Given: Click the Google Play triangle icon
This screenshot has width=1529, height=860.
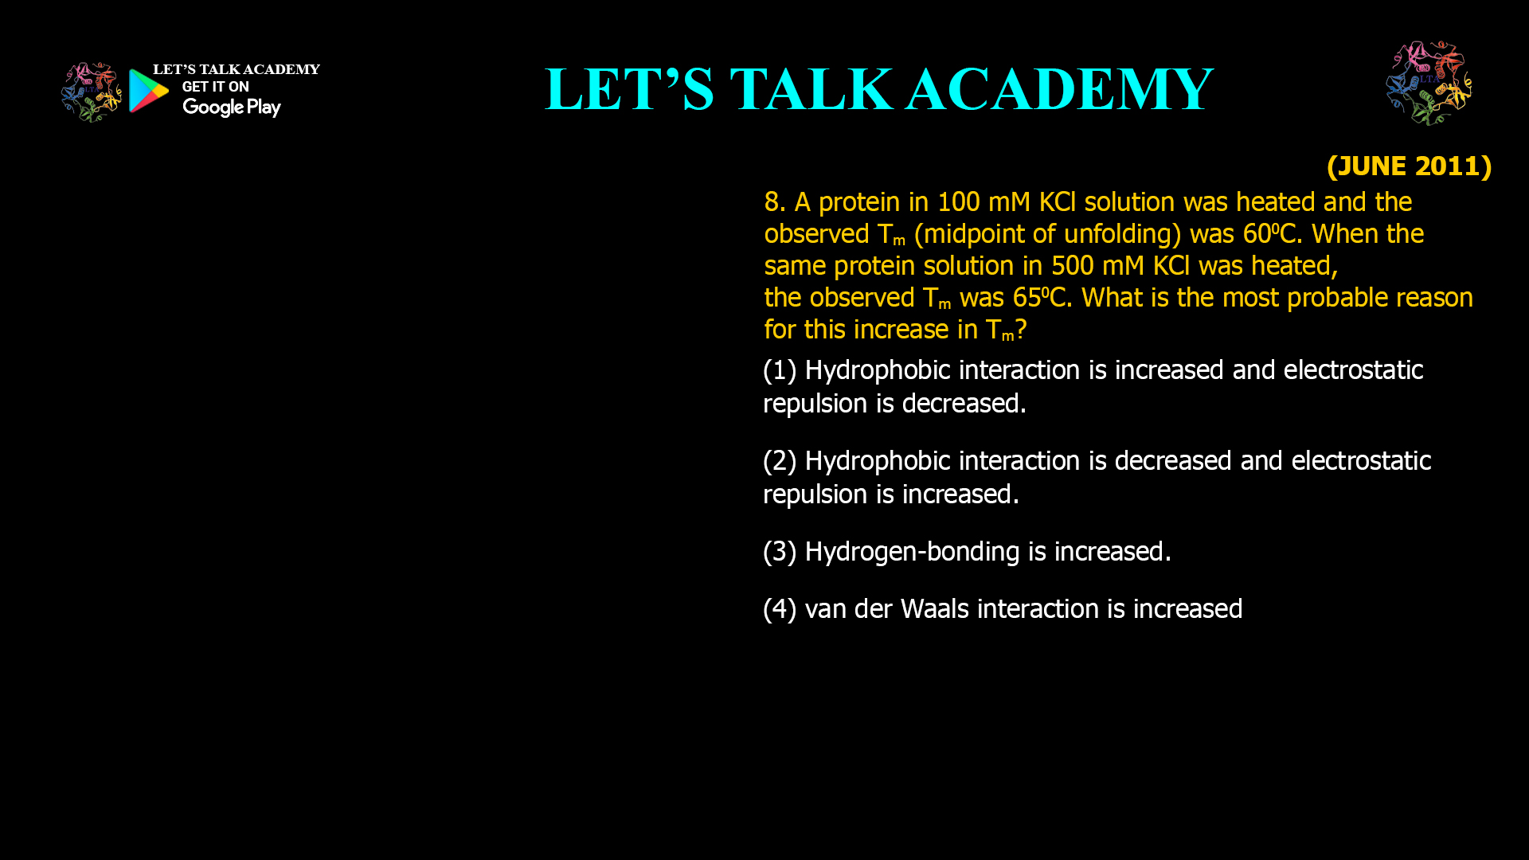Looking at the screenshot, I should [148, 91].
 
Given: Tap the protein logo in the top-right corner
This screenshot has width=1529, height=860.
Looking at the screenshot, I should [1429, 83].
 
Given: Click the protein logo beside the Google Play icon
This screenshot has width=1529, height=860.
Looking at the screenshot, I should [91, 92].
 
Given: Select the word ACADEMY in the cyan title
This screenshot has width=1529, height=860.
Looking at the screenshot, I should [1060, 89].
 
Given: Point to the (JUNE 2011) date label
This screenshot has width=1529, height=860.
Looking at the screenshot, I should [1409, 166].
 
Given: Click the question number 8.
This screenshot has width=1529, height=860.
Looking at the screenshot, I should [774, 202].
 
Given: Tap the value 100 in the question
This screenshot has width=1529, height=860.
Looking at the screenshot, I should [958, 202].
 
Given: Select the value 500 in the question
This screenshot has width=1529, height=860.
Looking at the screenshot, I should [1072, 266].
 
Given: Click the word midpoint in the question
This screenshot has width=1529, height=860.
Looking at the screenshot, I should [972, 234].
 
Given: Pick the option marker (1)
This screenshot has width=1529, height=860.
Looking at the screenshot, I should [780, 370].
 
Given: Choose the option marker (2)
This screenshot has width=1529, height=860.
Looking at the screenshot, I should [780, 461].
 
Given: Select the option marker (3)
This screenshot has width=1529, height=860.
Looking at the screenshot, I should [780, 552].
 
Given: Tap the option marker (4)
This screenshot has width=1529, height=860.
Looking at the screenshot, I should [780, 609].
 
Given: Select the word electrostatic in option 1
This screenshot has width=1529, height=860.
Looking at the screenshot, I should [1353, 370].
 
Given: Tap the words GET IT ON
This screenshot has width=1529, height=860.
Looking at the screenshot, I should [215, 87].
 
